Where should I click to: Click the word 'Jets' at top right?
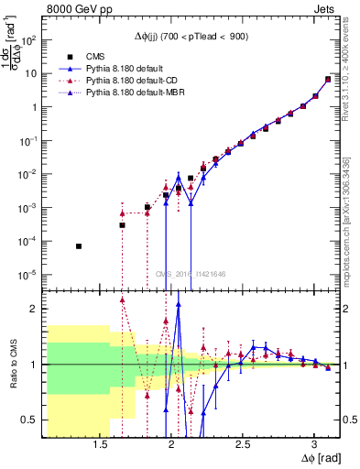pyautogui.click(x=323, y=11)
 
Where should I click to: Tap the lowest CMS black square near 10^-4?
pyautogui.click(x=79, y=246)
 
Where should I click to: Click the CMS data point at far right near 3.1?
pyautogui.click(x=328, y=79)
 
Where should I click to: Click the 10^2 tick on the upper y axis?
pyautogui.click(x=32, y=41)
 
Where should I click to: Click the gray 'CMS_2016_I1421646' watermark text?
pyautogui.click(x=191, y=273)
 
